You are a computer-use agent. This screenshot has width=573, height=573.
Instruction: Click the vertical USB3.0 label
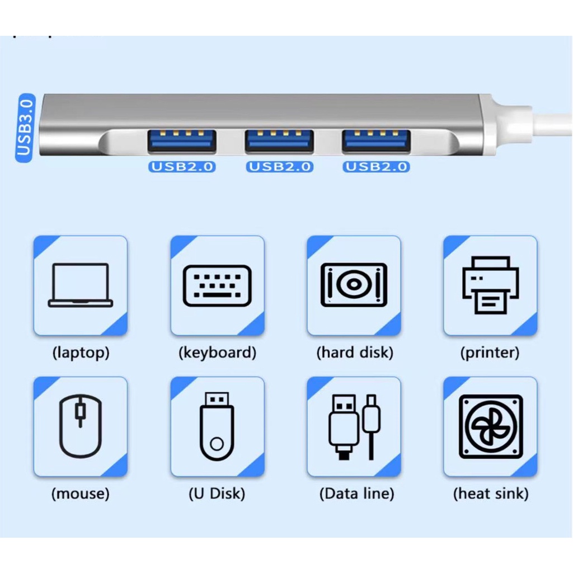click(x=25, y=128)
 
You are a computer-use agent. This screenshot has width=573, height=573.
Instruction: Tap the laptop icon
click(x=81, y=285)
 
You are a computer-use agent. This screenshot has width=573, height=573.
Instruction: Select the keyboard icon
click(x=217, y=286)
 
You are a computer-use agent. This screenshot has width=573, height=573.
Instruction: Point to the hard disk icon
click(x=354, y=285)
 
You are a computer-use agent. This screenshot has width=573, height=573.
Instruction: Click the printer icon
click(x=490, y=285)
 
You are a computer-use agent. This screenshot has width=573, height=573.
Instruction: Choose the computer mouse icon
click(x=81, y=426)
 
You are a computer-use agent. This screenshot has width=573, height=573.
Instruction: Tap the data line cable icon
click(x=354, y=427)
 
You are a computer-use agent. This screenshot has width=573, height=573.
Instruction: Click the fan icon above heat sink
click(x=491, y=426)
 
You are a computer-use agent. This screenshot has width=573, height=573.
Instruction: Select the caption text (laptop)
click(x=81, y=353)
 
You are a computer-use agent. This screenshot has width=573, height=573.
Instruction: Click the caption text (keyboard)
click(x=218, y=353)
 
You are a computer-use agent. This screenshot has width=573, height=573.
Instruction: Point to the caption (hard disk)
click(x=354, y=353)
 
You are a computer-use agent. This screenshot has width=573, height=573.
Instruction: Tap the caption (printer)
click(x=490, y=353)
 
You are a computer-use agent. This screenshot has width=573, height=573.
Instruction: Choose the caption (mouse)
click(x=81, y=494)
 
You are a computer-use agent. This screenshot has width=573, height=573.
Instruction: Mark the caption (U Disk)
click(x=217, y=494)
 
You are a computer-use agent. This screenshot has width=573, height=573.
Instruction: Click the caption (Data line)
click(x=356, y=494)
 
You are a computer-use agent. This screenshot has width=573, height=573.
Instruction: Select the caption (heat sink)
click(x=491, y=494)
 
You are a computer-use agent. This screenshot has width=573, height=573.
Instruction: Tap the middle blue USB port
click(x=279, y=140)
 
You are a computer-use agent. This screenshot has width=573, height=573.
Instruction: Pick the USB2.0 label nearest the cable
click(x=376, y=167)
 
